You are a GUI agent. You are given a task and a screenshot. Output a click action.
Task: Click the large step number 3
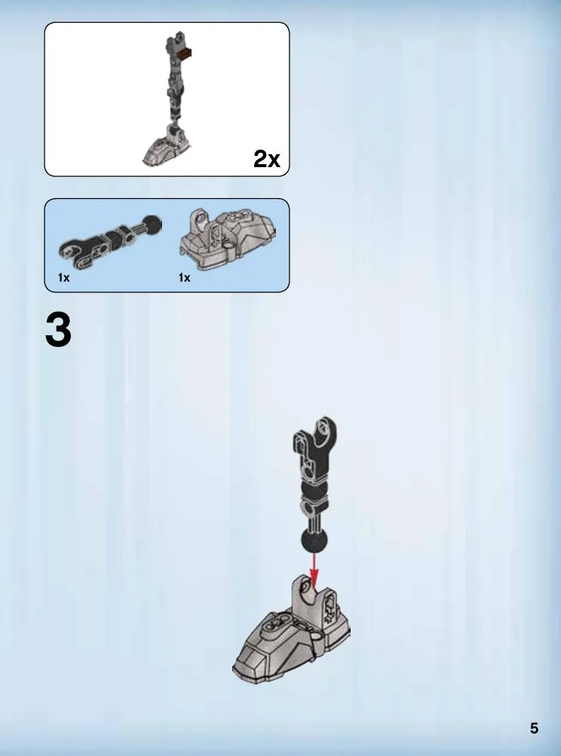(58, 330)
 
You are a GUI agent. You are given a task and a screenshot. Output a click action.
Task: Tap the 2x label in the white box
(266, 158)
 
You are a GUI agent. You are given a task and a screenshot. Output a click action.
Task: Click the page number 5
(534, 728)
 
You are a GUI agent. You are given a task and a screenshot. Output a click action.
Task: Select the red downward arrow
(314, 572)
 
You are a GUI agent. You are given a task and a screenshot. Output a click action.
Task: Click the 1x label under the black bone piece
(64, 278)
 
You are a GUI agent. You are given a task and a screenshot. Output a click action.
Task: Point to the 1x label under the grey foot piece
(185, 278)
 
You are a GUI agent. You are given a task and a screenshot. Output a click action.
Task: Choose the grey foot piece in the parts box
(227, 238)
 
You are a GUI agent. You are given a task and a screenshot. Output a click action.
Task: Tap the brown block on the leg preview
(184, 53)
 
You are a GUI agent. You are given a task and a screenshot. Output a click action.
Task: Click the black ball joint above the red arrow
(314, 541)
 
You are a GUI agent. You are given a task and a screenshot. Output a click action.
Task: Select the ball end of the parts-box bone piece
(152, 224)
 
